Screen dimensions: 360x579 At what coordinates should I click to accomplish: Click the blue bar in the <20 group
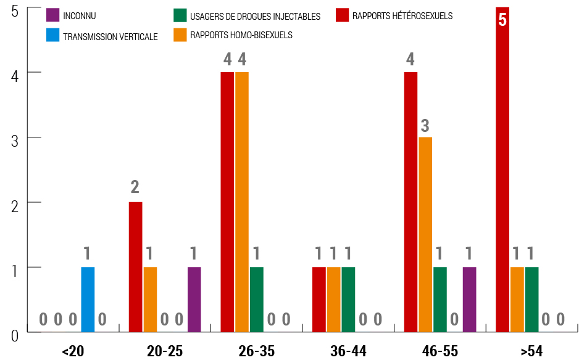[x=88, y=300]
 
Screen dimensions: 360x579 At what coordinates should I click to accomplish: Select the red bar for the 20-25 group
[x=135, y=268]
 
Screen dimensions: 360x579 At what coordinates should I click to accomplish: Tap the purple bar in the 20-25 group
[x=194, y=300]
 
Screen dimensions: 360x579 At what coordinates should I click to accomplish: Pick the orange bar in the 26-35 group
[x=242, y=202]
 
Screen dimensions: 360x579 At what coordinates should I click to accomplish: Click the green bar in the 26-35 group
[x=257, y=300]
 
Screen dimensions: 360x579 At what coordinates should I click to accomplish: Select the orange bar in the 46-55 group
[x=425, y=235]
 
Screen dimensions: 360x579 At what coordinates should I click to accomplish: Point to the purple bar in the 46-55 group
[x=469, y=300]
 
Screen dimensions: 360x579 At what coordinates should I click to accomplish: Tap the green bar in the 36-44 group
[x=348, y=300]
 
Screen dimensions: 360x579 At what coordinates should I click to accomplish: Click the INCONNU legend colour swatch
[x=53, y=15]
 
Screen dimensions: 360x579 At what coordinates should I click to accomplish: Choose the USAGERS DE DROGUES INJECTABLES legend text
[x=256, y=17]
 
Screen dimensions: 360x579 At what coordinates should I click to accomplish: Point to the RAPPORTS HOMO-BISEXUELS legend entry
[x=241, y=35]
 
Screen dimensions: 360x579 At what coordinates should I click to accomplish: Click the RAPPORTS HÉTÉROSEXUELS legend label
[x=402, y=16]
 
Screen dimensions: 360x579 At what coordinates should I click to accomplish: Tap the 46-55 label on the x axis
[x=440, y=351]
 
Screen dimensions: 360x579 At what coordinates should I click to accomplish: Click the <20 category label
[x=73, y=351]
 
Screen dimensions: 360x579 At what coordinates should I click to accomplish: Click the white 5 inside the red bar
[x=502, y=20]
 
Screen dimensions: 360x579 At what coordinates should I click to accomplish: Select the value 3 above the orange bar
[x=425, y=126]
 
